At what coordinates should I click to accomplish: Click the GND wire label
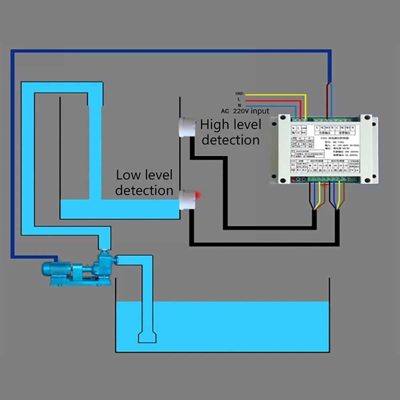239,93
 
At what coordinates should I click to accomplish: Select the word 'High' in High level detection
215,125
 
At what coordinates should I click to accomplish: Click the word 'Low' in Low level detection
127,175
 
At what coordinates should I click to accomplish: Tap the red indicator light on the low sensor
197,195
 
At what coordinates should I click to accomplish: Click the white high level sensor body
186,127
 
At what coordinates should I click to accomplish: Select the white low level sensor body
186,199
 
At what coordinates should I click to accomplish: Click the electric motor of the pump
56,269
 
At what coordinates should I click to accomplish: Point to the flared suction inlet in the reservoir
147,337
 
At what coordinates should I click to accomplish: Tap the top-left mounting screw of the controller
283,118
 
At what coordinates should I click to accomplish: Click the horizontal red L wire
272,100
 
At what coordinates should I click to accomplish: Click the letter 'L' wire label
239,98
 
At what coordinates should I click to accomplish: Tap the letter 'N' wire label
239,104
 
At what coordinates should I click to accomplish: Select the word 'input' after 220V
260,111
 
